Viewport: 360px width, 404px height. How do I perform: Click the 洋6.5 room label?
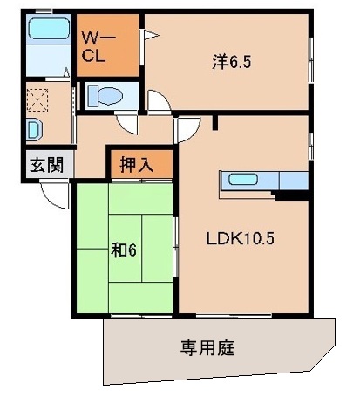point(228,62)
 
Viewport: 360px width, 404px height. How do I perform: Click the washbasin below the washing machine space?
point(33,130)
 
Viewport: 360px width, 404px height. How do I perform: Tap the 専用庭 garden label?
point(207,347)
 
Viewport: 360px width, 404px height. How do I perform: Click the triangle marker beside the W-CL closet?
point(149,36)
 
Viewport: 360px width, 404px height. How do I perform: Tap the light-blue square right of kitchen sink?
point(294,181)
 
